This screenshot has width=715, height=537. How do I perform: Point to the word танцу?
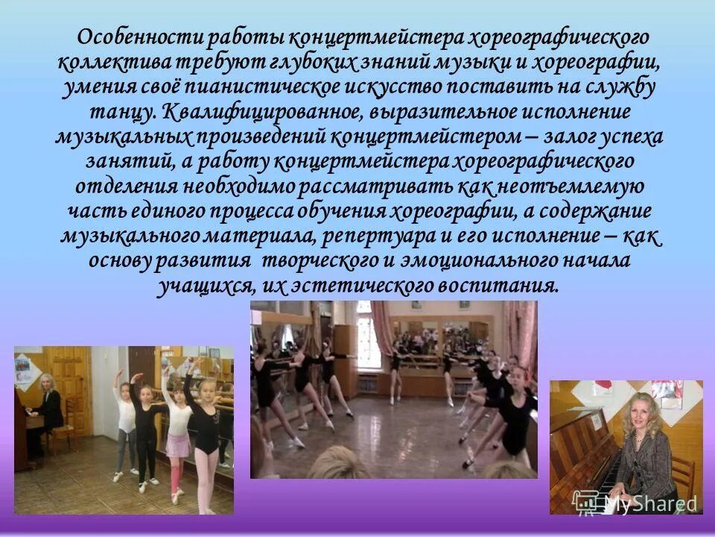coord(129,112)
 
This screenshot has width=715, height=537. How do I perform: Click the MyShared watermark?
coord(637,505)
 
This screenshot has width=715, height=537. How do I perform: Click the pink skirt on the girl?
coord(176,445)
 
